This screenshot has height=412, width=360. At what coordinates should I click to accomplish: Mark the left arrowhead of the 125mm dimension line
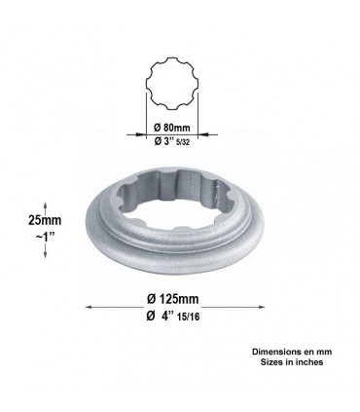click(x=91, y=307)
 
